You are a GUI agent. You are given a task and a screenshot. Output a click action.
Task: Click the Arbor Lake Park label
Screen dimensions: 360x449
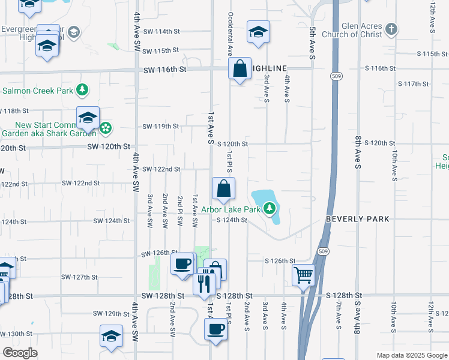coord(231,209)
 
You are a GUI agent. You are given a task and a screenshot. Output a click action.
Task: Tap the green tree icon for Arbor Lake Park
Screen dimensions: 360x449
coord(271,209)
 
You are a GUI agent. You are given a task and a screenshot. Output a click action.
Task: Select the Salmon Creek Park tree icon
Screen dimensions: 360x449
coord(82,91)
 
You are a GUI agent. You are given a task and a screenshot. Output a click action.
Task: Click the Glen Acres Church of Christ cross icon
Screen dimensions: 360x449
coord(391,29)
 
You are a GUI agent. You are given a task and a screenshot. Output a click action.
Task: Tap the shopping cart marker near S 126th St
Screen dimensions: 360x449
coord(304,275)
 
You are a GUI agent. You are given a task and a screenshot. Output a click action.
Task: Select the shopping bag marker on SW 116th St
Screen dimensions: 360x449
coord(240,69)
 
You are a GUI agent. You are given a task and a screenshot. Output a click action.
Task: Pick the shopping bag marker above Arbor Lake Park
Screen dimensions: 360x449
coord(223,188)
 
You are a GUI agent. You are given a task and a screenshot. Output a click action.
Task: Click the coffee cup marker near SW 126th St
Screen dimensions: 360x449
coord(182,263)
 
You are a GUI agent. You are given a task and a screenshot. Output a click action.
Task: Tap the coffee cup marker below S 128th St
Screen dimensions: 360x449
coord(216,329)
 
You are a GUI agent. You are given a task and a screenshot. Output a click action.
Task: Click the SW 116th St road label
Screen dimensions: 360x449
coord(165,70)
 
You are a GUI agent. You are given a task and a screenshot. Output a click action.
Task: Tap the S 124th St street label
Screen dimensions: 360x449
coord(232,220)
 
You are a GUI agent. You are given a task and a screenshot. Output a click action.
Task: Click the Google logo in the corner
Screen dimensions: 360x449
coord(20,352)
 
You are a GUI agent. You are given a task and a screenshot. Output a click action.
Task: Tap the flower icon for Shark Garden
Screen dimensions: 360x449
coord(106,127)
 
